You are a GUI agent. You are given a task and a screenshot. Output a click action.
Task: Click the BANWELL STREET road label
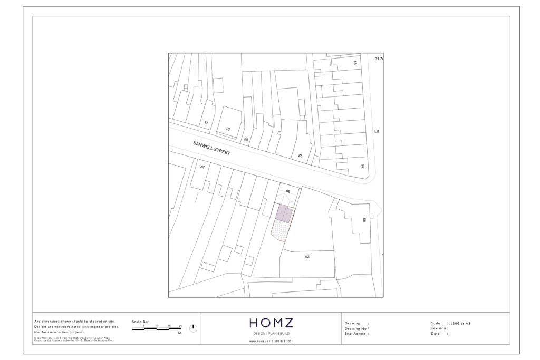pyautogui.click(x=211, y=148)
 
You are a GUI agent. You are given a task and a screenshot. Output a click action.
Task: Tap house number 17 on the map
pyautogui.click(x=207, y=123)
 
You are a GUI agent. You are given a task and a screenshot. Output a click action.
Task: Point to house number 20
pyautogui.click(x=246, y=140)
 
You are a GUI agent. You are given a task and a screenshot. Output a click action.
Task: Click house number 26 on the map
pyautogui.click(x=301, y=155)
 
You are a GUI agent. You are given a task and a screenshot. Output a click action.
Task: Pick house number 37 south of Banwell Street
pyautogui.click(x=201, y=166)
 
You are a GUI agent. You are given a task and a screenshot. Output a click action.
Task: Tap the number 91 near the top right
pyautogui.click(x=355, y=63)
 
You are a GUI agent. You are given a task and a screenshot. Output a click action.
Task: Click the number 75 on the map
pyautogui.click(x=362, y=167)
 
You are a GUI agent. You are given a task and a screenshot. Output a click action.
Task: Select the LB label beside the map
pyautogui.click(x=377, y=131)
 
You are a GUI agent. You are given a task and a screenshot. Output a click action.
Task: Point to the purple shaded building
pyautogui.click(x=284, y=212)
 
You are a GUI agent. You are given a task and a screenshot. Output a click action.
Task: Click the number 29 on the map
pyautogui.click(x=306, y=257)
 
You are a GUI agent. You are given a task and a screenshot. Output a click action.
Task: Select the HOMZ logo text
pyautogui.click(x=271, y=323)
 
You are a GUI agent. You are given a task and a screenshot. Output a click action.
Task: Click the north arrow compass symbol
pyautogui.click(x=194, y=328)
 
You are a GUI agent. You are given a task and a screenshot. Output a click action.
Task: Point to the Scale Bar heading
pyautogui.click(x=141, y=321)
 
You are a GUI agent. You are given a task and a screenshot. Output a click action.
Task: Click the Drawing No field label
pyautogui.click(x=357, y=328)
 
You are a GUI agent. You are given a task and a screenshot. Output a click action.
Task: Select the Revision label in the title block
pyautogui.click(x=439, y=328)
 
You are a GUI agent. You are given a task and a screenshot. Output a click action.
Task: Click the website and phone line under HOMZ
pyautogui.click(x=271, y=342)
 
